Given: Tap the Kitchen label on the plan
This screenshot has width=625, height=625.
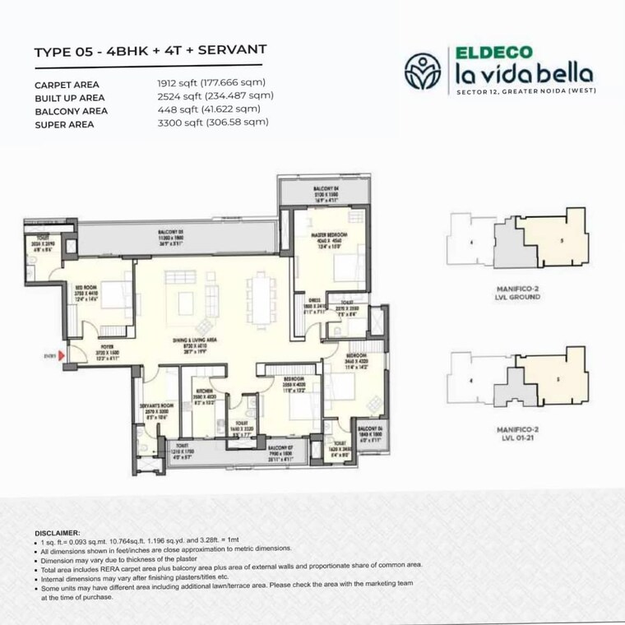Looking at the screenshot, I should [x=204, y=394].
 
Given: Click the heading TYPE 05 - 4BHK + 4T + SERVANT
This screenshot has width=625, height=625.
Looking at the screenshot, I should [x=150, y=52].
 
